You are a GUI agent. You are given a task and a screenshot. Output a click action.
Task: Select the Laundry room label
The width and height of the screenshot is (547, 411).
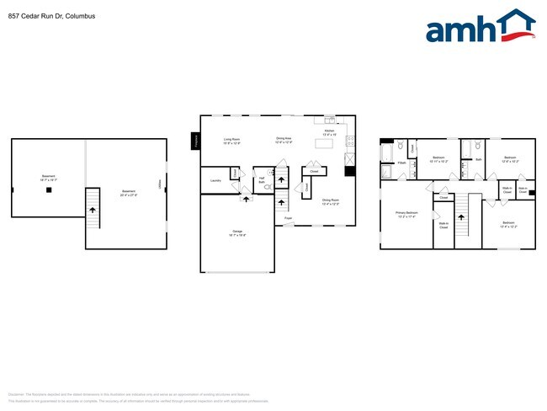215,180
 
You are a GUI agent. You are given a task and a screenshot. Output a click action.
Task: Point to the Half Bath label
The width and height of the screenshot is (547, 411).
262,179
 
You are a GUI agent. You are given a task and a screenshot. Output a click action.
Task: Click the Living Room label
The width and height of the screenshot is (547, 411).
231,141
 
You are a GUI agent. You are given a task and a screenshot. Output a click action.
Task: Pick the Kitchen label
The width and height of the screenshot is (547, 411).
330,131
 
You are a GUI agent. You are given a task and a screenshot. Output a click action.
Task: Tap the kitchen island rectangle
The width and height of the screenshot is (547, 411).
325,144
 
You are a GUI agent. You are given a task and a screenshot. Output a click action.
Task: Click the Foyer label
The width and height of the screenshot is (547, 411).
288,218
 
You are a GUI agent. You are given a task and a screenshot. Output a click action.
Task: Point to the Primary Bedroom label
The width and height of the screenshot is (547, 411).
406,213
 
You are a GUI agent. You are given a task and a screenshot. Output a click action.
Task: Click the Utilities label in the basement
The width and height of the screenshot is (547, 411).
159,184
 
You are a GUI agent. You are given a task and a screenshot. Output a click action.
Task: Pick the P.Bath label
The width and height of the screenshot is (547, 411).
402,163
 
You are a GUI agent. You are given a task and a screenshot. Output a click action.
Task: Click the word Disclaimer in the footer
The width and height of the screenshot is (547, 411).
16,393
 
